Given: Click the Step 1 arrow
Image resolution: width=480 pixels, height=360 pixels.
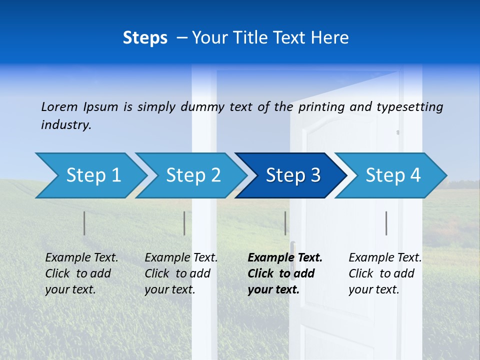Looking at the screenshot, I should coord(92,175).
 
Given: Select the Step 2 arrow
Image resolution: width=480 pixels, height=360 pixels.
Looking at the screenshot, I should coord(193,175).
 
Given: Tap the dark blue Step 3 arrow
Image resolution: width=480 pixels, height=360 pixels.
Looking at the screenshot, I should coord(293,175).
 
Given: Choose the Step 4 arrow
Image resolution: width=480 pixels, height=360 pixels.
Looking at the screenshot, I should coord(393,175).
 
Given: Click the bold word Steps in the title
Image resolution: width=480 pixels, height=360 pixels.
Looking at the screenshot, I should coord(145,38).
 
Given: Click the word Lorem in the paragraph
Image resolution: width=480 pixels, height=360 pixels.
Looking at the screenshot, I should coord(59,106).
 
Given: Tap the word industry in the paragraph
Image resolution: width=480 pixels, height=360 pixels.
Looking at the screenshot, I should coord(66,125).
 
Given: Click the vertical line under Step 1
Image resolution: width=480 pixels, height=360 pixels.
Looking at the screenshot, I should coord(84,223).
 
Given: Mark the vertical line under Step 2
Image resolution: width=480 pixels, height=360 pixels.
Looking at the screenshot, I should coord(184,223).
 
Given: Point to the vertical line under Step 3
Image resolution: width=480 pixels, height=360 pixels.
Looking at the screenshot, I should coord(285,223).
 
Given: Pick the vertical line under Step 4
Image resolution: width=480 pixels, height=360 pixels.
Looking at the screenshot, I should coord(386,223).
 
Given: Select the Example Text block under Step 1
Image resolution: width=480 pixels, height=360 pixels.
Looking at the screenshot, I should coord(81,273).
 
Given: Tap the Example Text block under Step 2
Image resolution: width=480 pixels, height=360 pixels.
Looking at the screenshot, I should coord(181,273).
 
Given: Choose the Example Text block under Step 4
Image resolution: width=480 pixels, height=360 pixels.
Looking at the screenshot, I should coord(385,273).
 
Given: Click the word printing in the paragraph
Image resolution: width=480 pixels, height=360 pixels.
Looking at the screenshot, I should coord(321,106).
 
